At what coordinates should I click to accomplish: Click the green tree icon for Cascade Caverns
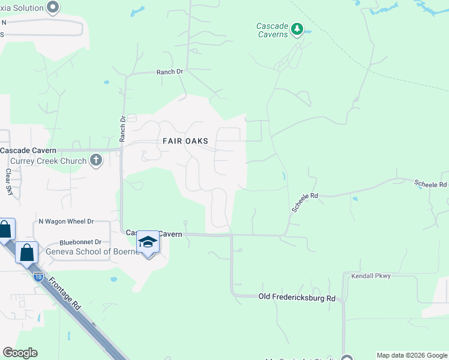[296, 29]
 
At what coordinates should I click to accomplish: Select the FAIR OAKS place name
[185, 141]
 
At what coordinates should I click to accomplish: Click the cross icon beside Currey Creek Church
[95, 160]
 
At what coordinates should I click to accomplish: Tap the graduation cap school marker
[148, 242]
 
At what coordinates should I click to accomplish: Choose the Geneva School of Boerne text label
[89, 251]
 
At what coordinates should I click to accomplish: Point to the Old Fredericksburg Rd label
[297, 298]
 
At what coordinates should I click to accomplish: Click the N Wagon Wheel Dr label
[66, 221]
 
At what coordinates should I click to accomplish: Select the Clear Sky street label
[9, 182]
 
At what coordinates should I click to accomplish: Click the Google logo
[20, 353]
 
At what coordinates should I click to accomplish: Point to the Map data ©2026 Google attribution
[412, 355]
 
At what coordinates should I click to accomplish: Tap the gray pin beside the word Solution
[53, 7]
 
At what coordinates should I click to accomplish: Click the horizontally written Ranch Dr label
[169, 71]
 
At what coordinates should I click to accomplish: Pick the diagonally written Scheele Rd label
[304, 202]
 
